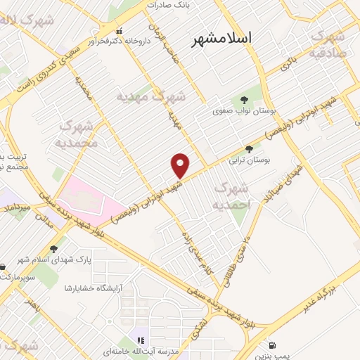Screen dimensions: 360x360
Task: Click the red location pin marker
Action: [x=181, y=166]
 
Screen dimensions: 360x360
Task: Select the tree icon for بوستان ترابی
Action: [x=249, y=149]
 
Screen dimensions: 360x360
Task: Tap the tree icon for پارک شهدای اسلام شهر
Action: [x=54, y=248]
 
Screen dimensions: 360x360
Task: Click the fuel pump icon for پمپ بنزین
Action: [x=272, y=345]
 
